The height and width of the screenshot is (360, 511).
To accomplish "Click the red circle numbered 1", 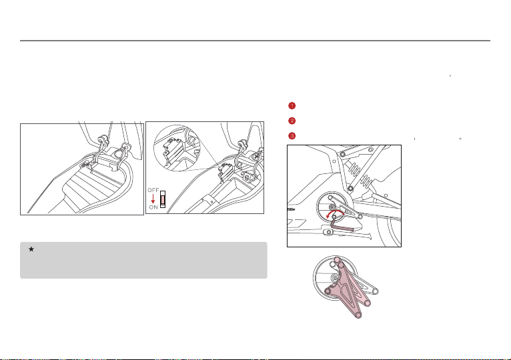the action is coord(292,105).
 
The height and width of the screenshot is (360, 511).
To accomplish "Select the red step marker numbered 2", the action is coord(292,121).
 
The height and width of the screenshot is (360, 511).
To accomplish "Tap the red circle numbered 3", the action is coord(292,136).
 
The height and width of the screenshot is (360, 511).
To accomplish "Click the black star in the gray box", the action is coord(31,249).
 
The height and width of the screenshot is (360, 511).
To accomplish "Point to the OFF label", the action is coord(153,190).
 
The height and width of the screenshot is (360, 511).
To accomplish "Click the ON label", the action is coord(153,207).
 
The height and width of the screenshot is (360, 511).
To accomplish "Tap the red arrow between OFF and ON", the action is coord(153,199).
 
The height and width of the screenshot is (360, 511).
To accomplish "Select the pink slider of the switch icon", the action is coord(163,199).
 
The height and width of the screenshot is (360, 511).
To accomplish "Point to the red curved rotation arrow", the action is coord(336,211).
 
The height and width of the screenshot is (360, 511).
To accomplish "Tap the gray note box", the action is coord(143,260).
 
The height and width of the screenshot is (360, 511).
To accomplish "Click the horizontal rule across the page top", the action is coord(255,41).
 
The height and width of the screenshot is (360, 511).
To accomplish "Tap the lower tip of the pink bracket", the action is coord(358,315).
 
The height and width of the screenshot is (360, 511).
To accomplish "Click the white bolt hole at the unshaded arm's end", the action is coord(375,291).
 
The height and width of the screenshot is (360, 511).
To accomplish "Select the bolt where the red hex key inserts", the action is coord(334,217).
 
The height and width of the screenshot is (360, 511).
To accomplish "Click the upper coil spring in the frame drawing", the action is coord(354,169).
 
